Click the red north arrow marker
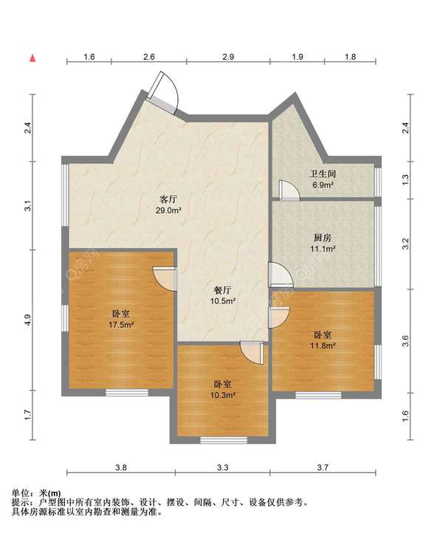[32, 58]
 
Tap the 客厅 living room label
[168, 199]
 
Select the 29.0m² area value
[168, 210]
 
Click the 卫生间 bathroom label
[323, 174]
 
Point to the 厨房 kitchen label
[323, 237]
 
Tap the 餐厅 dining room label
[223, 290]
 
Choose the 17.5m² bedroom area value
[121, 325]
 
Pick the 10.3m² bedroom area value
[223, 395]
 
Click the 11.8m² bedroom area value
[323, 346]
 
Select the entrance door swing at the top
[162, 92]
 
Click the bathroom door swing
[289, 189]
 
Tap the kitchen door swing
[281, 275]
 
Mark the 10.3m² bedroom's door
[252, 353]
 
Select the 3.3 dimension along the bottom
[223, 468]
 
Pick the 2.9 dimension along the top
[228, 57]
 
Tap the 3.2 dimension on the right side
[405, 244]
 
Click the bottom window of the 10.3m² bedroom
[224, 440]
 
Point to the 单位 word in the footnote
[20, 493]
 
